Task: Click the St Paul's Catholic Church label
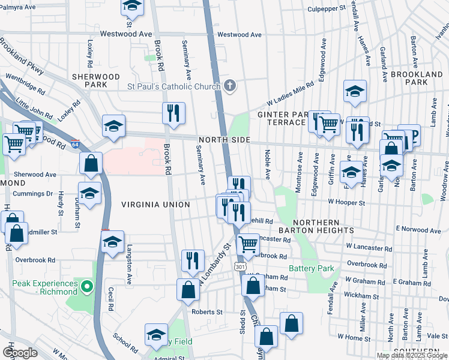coord(173,86)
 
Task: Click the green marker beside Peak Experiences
coord(86,287)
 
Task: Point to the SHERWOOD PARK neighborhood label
coord(96,81)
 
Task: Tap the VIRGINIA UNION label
coord(155,205)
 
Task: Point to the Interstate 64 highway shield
coord(74,145)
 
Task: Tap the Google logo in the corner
coord(20,352)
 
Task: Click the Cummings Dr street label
coord(33,194)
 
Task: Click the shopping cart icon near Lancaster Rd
coord(248,244)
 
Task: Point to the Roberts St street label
coord(206,312)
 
